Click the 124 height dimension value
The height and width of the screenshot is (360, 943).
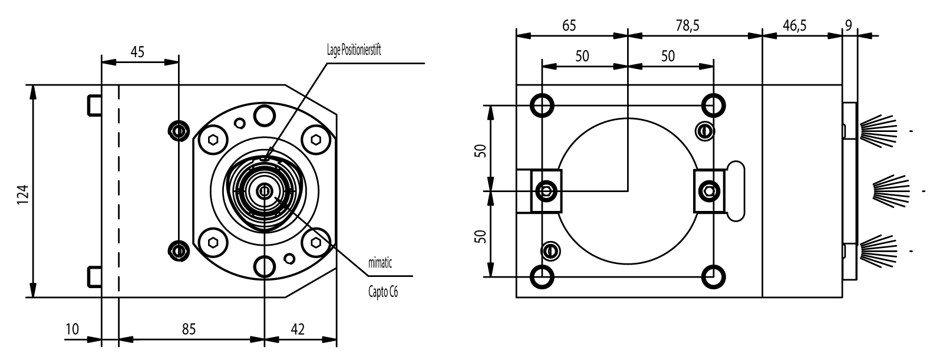22,192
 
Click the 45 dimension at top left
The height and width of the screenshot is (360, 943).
137,52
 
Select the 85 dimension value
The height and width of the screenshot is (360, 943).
189,329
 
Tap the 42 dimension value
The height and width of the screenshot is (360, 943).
299,329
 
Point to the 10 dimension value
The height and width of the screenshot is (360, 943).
72,329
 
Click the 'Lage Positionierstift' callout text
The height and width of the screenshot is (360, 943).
354,50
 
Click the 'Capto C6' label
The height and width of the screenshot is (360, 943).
383,292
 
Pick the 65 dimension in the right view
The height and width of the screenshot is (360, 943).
569,25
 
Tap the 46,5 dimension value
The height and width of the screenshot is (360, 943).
795,25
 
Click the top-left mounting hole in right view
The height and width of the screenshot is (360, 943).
541,105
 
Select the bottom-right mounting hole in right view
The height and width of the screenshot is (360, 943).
714,275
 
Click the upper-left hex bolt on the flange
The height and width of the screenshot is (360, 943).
213,140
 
